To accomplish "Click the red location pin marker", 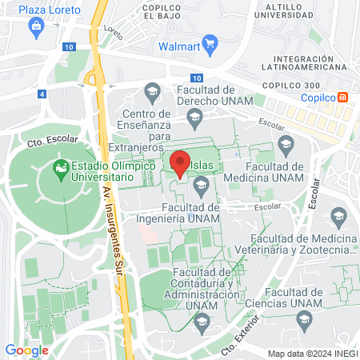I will (x=180, y=164).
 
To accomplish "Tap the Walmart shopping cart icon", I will (x=210, y=42).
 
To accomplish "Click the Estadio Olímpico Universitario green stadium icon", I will (x=59, y=168).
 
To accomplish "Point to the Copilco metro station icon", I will (x=343, y=97).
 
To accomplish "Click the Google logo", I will (x=26, y=350).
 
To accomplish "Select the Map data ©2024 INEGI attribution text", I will (x=311, y=354).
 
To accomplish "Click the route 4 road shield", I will (x=41, y=94).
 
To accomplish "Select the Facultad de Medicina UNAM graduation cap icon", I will (x=286, y=144).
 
